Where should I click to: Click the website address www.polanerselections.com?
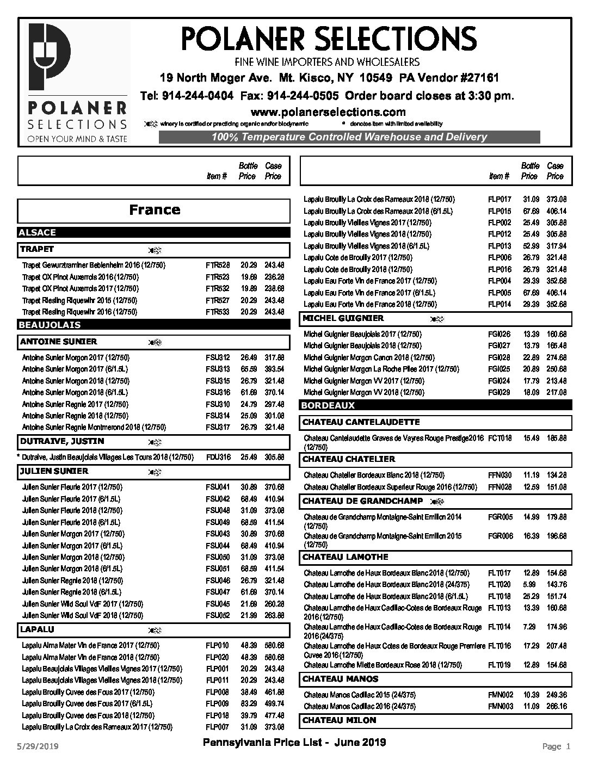[328, 112]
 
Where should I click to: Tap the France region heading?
[155, 210]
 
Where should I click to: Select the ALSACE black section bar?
[153, 232]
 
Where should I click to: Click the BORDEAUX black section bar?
[435, 405]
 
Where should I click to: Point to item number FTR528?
[218, 265]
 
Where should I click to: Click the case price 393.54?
[274, 369]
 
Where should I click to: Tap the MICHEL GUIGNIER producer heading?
[343, 318]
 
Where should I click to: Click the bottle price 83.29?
[248, 704]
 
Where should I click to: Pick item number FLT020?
[499, 585]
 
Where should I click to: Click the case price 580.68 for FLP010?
[274, 646]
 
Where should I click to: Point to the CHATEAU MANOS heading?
[340, 679]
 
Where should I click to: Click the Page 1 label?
[556, 746]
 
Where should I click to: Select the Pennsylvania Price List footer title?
[294, 743]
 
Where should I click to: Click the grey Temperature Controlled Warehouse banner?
[349, 137]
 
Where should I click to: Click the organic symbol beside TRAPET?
[155, 250]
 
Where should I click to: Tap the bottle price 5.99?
[529, 585]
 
